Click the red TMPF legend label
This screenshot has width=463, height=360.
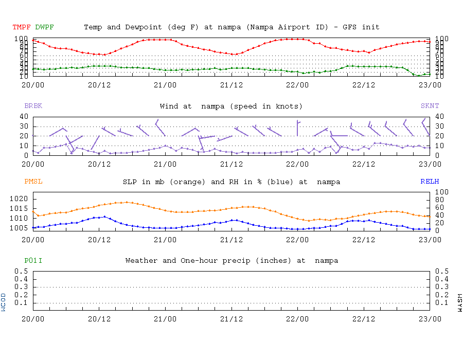click(22, 27)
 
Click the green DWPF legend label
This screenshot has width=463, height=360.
click(45, 27)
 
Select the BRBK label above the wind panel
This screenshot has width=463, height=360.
click(33, 106)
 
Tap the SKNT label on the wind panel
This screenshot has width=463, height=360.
click(430, 106)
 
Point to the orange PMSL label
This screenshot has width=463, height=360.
click(33, 182)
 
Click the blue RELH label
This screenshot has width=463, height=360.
click(430, 182)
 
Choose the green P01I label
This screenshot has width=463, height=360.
click(33, 261)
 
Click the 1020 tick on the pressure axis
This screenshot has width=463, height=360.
click(20, 199)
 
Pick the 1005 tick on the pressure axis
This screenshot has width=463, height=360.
click(20, 228)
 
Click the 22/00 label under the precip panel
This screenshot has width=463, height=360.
click(298, 318)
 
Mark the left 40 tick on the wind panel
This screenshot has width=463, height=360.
click(23, 116)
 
